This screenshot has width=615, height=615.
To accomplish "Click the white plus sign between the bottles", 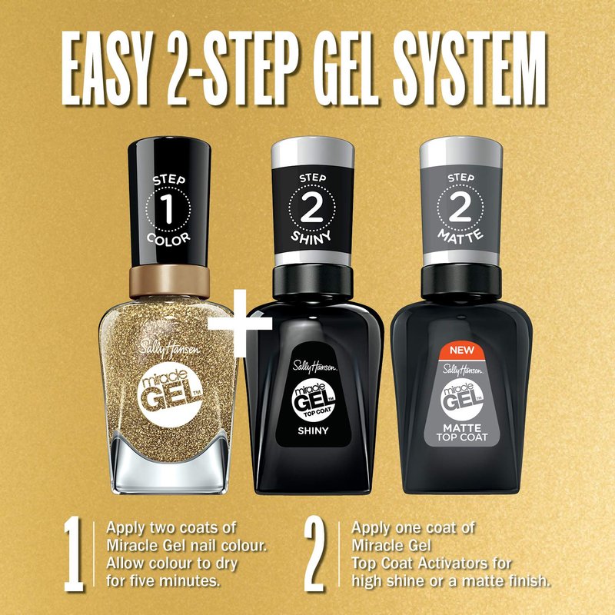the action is click(x=240, y=323).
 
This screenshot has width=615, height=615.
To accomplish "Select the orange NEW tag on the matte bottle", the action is click(x=462, y=351).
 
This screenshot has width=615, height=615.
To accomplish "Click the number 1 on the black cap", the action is click(x=168, y=208).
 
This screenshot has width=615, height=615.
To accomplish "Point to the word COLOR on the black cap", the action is click(x=168, y=238).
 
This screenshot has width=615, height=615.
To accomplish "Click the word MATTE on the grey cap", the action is click(x=460, y=237).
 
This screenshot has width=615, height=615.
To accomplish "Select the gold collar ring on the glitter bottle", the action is click(x=169, y=281).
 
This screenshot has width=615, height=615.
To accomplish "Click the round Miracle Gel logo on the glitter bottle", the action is click(x=170, y=396).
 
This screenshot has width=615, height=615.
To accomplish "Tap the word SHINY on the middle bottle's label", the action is click(x=313, y=430).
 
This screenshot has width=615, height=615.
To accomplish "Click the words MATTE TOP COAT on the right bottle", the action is click(x=462, y=432).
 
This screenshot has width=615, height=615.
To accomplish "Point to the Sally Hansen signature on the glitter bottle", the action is click(x=169, y=347).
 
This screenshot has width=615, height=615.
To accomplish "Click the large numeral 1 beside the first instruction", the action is click(x=74, y=554).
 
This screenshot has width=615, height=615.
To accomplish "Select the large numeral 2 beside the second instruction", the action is click(x=314, y=554).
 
